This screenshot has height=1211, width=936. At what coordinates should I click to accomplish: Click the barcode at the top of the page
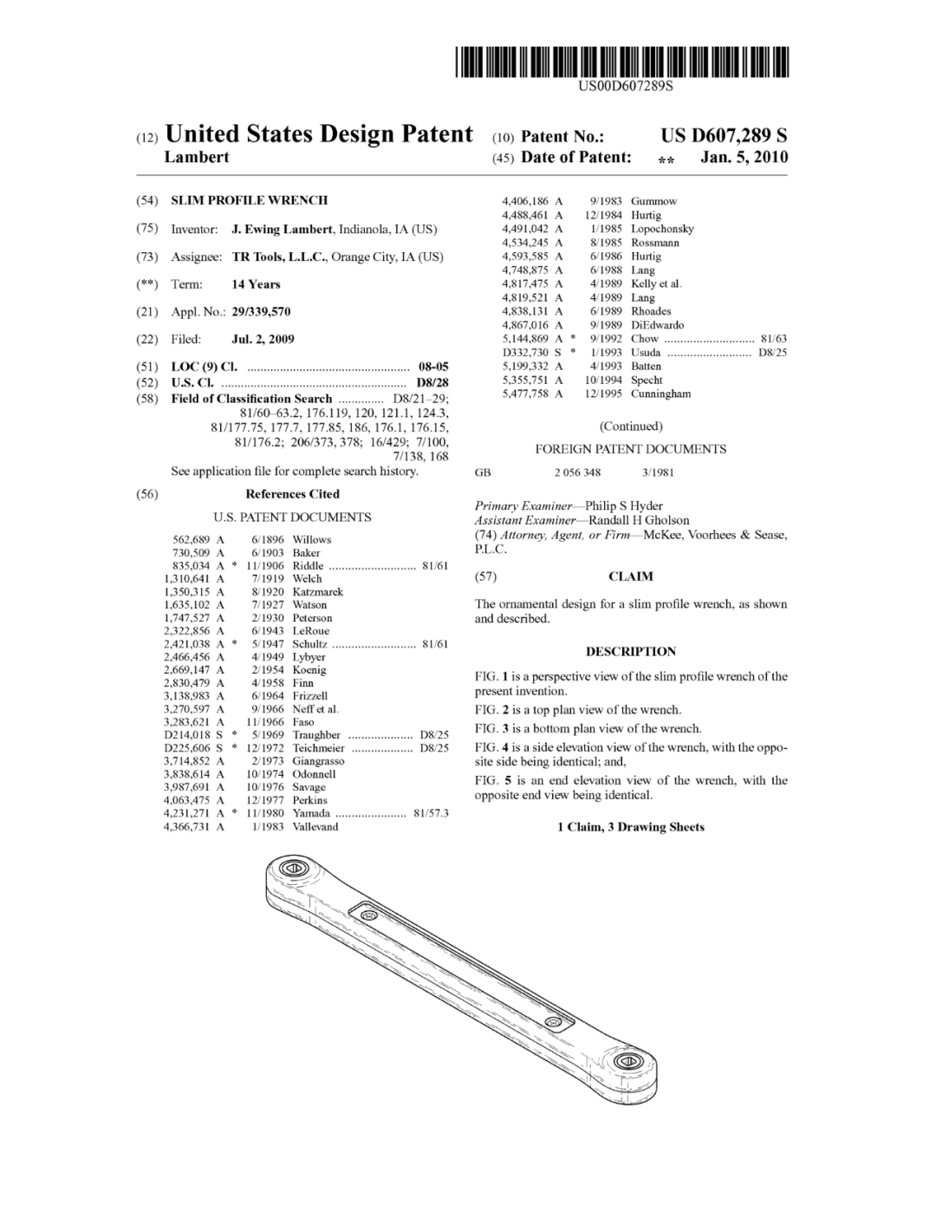[622, 62]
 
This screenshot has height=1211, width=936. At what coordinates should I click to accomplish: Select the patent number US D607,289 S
[724, 135]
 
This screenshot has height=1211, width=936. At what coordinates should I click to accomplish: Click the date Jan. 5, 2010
[744, 157]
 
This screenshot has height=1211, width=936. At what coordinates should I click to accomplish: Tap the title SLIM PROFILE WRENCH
[249, 200]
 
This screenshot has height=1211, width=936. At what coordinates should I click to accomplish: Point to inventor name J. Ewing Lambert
[282, 230]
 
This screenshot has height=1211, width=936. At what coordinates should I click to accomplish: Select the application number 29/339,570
[261, 312]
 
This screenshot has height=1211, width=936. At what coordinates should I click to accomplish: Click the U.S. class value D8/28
[432, 382]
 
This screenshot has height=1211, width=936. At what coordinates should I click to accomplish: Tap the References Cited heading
[292, 494]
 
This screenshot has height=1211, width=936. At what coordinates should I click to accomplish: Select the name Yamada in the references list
[311, 813]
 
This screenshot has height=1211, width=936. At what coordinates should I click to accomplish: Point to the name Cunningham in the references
[660, 394]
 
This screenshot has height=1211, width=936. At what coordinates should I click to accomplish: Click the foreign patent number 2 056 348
[577, 472]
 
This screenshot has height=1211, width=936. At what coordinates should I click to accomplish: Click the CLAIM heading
[631, 576]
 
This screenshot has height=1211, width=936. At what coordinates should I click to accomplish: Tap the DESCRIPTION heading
[631, 652]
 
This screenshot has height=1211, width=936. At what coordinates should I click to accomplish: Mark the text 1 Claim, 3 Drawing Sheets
[631, 827]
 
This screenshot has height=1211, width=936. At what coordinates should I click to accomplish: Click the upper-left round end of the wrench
[293, 870]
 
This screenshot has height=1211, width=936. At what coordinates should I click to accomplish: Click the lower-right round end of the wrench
[625, 1064]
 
